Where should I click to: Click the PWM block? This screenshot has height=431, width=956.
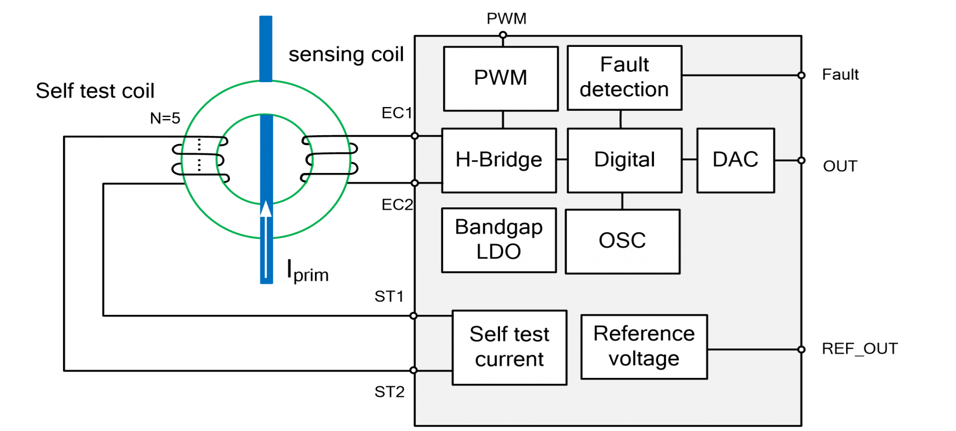coord(500,79)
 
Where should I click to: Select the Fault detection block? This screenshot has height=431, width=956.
coord(624,78)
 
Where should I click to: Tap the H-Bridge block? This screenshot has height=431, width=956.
coord(499,160)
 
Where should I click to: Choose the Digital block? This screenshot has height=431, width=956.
coord(624,160)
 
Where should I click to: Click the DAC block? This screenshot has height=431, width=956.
coord(735,160)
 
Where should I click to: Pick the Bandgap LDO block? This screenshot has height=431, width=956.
coord(499,240)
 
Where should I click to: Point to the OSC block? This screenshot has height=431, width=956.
coord(622,241)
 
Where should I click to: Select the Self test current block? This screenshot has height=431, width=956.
coord(510,347)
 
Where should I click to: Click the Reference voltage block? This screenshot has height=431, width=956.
coord(644,347)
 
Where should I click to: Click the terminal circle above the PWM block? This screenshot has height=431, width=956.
coord(503,35)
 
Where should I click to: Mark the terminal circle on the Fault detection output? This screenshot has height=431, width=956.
coord(801,75)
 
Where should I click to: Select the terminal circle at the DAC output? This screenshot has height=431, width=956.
coord(801,161)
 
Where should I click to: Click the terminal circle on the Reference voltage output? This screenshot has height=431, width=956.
coord(801,349)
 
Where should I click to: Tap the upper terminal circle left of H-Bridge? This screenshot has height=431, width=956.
coord(415,136)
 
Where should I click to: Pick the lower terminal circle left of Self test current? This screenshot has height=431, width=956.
coord(414,370)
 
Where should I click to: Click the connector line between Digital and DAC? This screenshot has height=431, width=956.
coord(689,160)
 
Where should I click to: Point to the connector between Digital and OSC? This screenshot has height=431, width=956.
coord(622,201)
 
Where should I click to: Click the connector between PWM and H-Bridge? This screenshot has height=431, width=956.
coord(503,119)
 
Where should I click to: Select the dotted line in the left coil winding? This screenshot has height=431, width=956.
coord(199,155)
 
